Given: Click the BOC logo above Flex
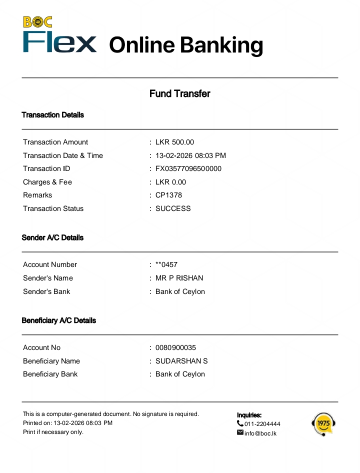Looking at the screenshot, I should (x=37, y=22).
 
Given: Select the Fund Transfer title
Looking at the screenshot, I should (x=180, y=93).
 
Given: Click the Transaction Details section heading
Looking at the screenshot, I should (x=52, y=115).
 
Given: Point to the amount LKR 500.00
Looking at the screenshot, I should (x=174, y=142).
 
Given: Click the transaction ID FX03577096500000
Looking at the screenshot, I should (x=188, y=168).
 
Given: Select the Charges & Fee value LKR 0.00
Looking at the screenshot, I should (x=170, y=182).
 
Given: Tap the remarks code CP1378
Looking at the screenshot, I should (x=168, y=195).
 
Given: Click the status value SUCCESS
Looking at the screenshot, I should (x=173, y=208).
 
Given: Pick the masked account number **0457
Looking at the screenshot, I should (x=166, y=264).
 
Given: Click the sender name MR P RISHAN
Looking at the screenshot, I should (x=179, y=278).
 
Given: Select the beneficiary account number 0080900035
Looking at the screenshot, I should (x=176, y=347).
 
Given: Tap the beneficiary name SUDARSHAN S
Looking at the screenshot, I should (x=181, y=361).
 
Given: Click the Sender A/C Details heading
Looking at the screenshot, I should (x=52, y=237).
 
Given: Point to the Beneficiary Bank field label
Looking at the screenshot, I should (x=50, y=374).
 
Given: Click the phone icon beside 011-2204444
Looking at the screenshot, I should (x=240, y=423).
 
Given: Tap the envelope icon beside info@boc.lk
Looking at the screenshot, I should (x=240, y=432).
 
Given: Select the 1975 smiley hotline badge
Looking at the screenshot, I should (x=323, y=424).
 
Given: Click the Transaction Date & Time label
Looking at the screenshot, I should (x=63, y=155).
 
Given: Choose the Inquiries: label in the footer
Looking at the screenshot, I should (x=249, y=415).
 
